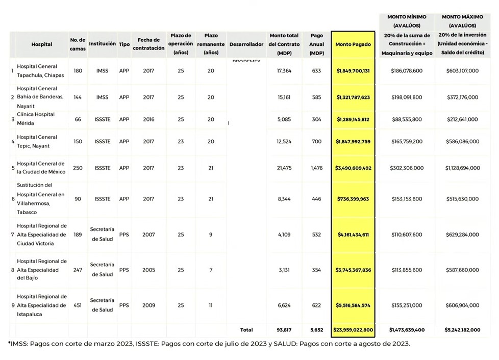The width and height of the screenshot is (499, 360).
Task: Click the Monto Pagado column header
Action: pos(353,44)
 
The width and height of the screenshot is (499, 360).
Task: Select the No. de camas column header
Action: pos(78,44)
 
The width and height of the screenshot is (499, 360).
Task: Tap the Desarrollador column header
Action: pos(246,44)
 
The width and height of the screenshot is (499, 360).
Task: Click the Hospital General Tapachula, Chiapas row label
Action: pos(37,71)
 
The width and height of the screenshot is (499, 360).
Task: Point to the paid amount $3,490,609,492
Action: pos(353,168)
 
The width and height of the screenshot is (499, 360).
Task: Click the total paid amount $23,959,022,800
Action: pos(353,330)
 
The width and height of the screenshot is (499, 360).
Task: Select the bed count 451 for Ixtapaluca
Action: pos(78,305)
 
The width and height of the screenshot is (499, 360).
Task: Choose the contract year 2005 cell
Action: pos(148,270)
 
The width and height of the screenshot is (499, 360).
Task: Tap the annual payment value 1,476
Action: pos(316,168)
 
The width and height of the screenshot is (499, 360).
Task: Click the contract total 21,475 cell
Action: pos(284,168)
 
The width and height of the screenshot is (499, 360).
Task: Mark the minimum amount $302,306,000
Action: pos(407,168)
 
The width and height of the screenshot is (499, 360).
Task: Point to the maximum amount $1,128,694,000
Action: pos(462,168)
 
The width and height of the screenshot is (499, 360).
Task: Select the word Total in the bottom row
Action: pos(246,330)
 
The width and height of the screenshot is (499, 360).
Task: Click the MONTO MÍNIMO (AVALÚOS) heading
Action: pos(407,21)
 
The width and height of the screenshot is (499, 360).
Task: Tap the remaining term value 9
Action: pos(211,235)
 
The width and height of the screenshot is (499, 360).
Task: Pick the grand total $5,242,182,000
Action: pos(462,330)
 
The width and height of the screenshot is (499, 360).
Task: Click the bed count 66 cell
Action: pos(78,119)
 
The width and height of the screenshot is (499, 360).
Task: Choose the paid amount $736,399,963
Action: pos(353,199)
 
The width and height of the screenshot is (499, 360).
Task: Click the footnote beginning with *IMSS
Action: pos(209,344)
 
